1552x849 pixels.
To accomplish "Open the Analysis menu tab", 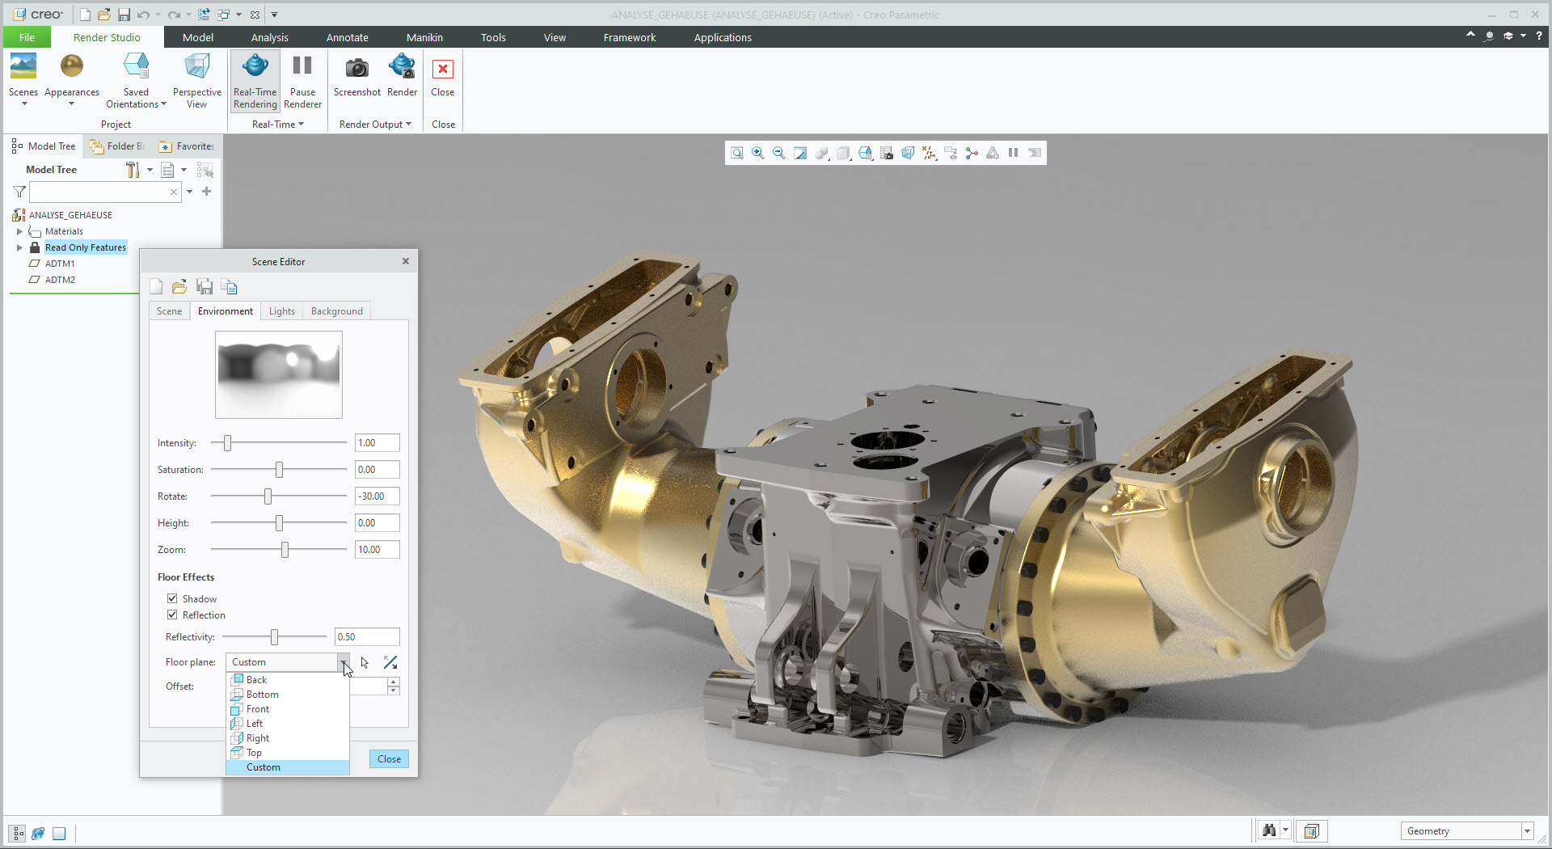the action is [x=269, y=37].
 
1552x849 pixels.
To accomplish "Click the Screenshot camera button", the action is [x=356, y=77].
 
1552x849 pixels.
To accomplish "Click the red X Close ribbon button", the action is [x=443, y=77].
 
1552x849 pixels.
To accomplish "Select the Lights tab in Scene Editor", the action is [x=282, y=311].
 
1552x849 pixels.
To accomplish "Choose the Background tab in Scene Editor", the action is [x=337, y=311].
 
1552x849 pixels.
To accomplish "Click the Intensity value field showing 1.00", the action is [x=377, y=443].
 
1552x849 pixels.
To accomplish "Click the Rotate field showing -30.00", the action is [x=377, y=496].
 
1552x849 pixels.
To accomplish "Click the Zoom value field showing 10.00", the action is [x=377, y=550].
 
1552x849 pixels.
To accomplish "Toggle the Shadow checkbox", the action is [x=172, y=598].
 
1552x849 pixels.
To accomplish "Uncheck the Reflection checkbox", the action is [x=172, y=615].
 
